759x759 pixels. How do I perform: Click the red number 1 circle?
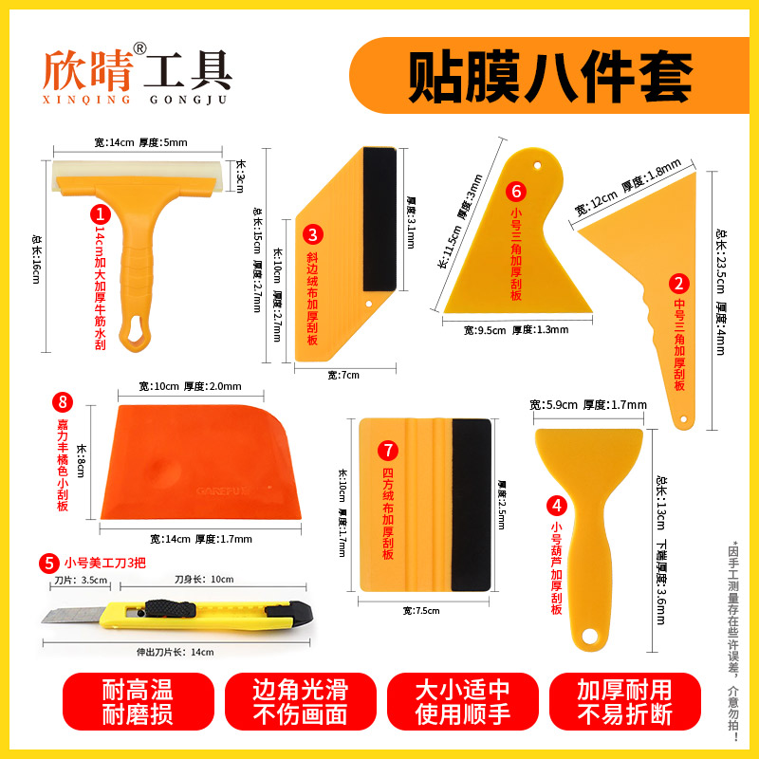coord(97,215)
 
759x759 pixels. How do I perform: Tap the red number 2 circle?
coord(677,282)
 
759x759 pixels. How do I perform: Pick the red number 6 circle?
coord(515,190)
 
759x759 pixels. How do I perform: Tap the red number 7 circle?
coord(386,449)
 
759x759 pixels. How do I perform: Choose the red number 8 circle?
coord(64,403)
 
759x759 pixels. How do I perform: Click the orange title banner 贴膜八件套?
coord(549,76)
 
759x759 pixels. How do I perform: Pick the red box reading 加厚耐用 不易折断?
coord(625,703)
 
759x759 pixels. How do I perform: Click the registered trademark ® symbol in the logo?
coord(139,47)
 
